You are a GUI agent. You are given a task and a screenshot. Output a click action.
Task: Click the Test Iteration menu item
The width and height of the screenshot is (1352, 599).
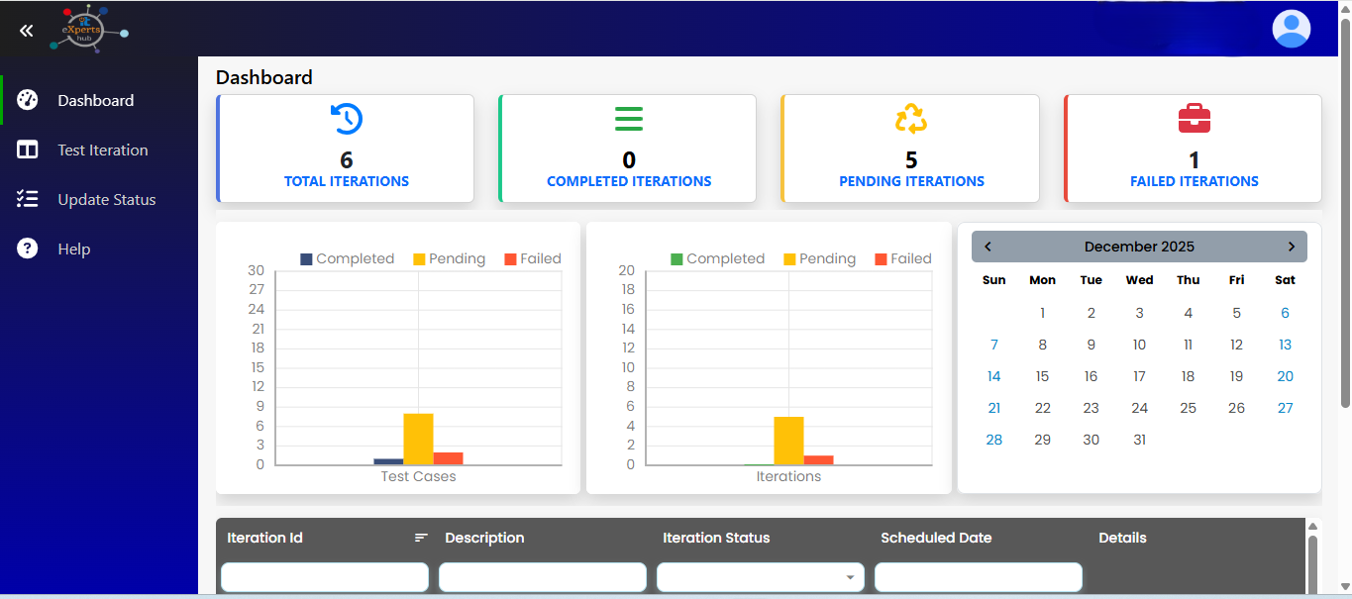click(102, 150)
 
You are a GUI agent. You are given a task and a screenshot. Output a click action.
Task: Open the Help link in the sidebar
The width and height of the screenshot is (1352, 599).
click(73, 250)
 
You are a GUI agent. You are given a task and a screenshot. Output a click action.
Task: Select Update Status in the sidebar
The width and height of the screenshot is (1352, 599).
click(106, 200)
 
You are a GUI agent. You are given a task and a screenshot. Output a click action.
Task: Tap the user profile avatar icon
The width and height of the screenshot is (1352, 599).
click(1291, 29)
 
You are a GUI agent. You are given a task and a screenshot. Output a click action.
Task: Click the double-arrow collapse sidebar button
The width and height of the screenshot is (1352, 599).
click(27, 31)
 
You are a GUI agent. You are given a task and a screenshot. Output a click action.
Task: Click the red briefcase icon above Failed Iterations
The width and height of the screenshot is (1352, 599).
click(1194, 119)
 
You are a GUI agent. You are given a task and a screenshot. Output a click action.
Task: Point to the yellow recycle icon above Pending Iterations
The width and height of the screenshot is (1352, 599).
click(911, 119)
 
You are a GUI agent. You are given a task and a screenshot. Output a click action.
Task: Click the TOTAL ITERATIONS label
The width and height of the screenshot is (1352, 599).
click(346, 181)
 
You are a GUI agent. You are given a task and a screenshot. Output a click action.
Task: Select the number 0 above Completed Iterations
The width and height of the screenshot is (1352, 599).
click(629, 160)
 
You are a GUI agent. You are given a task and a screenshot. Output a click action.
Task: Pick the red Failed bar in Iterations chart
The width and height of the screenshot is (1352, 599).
click(818, 460)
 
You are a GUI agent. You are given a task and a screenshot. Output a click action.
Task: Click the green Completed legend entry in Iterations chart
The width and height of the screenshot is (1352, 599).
click(717, 259)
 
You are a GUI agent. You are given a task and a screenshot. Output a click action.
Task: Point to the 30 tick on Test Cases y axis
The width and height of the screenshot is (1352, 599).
click(257, 270)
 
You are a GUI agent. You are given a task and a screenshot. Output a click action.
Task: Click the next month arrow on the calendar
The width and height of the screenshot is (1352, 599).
click(1291, 247)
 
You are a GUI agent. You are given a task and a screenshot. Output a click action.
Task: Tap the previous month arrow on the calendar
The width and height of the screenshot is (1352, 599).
click(988, 247)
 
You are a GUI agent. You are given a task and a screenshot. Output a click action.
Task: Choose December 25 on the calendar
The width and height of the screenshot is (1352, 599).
click(1188, 408)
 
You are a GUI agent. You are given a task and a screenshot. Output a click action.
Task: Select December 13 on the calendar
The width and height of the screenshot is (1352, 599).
click(1285, 345)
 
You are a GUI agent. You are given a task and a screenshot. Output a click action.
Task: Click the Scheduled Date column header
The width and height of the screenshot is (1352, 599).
click(936, 538)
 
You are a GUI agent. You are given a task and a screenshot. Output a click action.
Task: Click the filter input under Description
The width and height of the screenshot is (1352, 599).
click(542, 577)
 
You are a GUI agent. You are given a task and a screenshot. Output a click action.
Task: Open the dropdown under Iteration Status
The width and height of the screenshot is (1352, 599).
click(760, 577)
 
